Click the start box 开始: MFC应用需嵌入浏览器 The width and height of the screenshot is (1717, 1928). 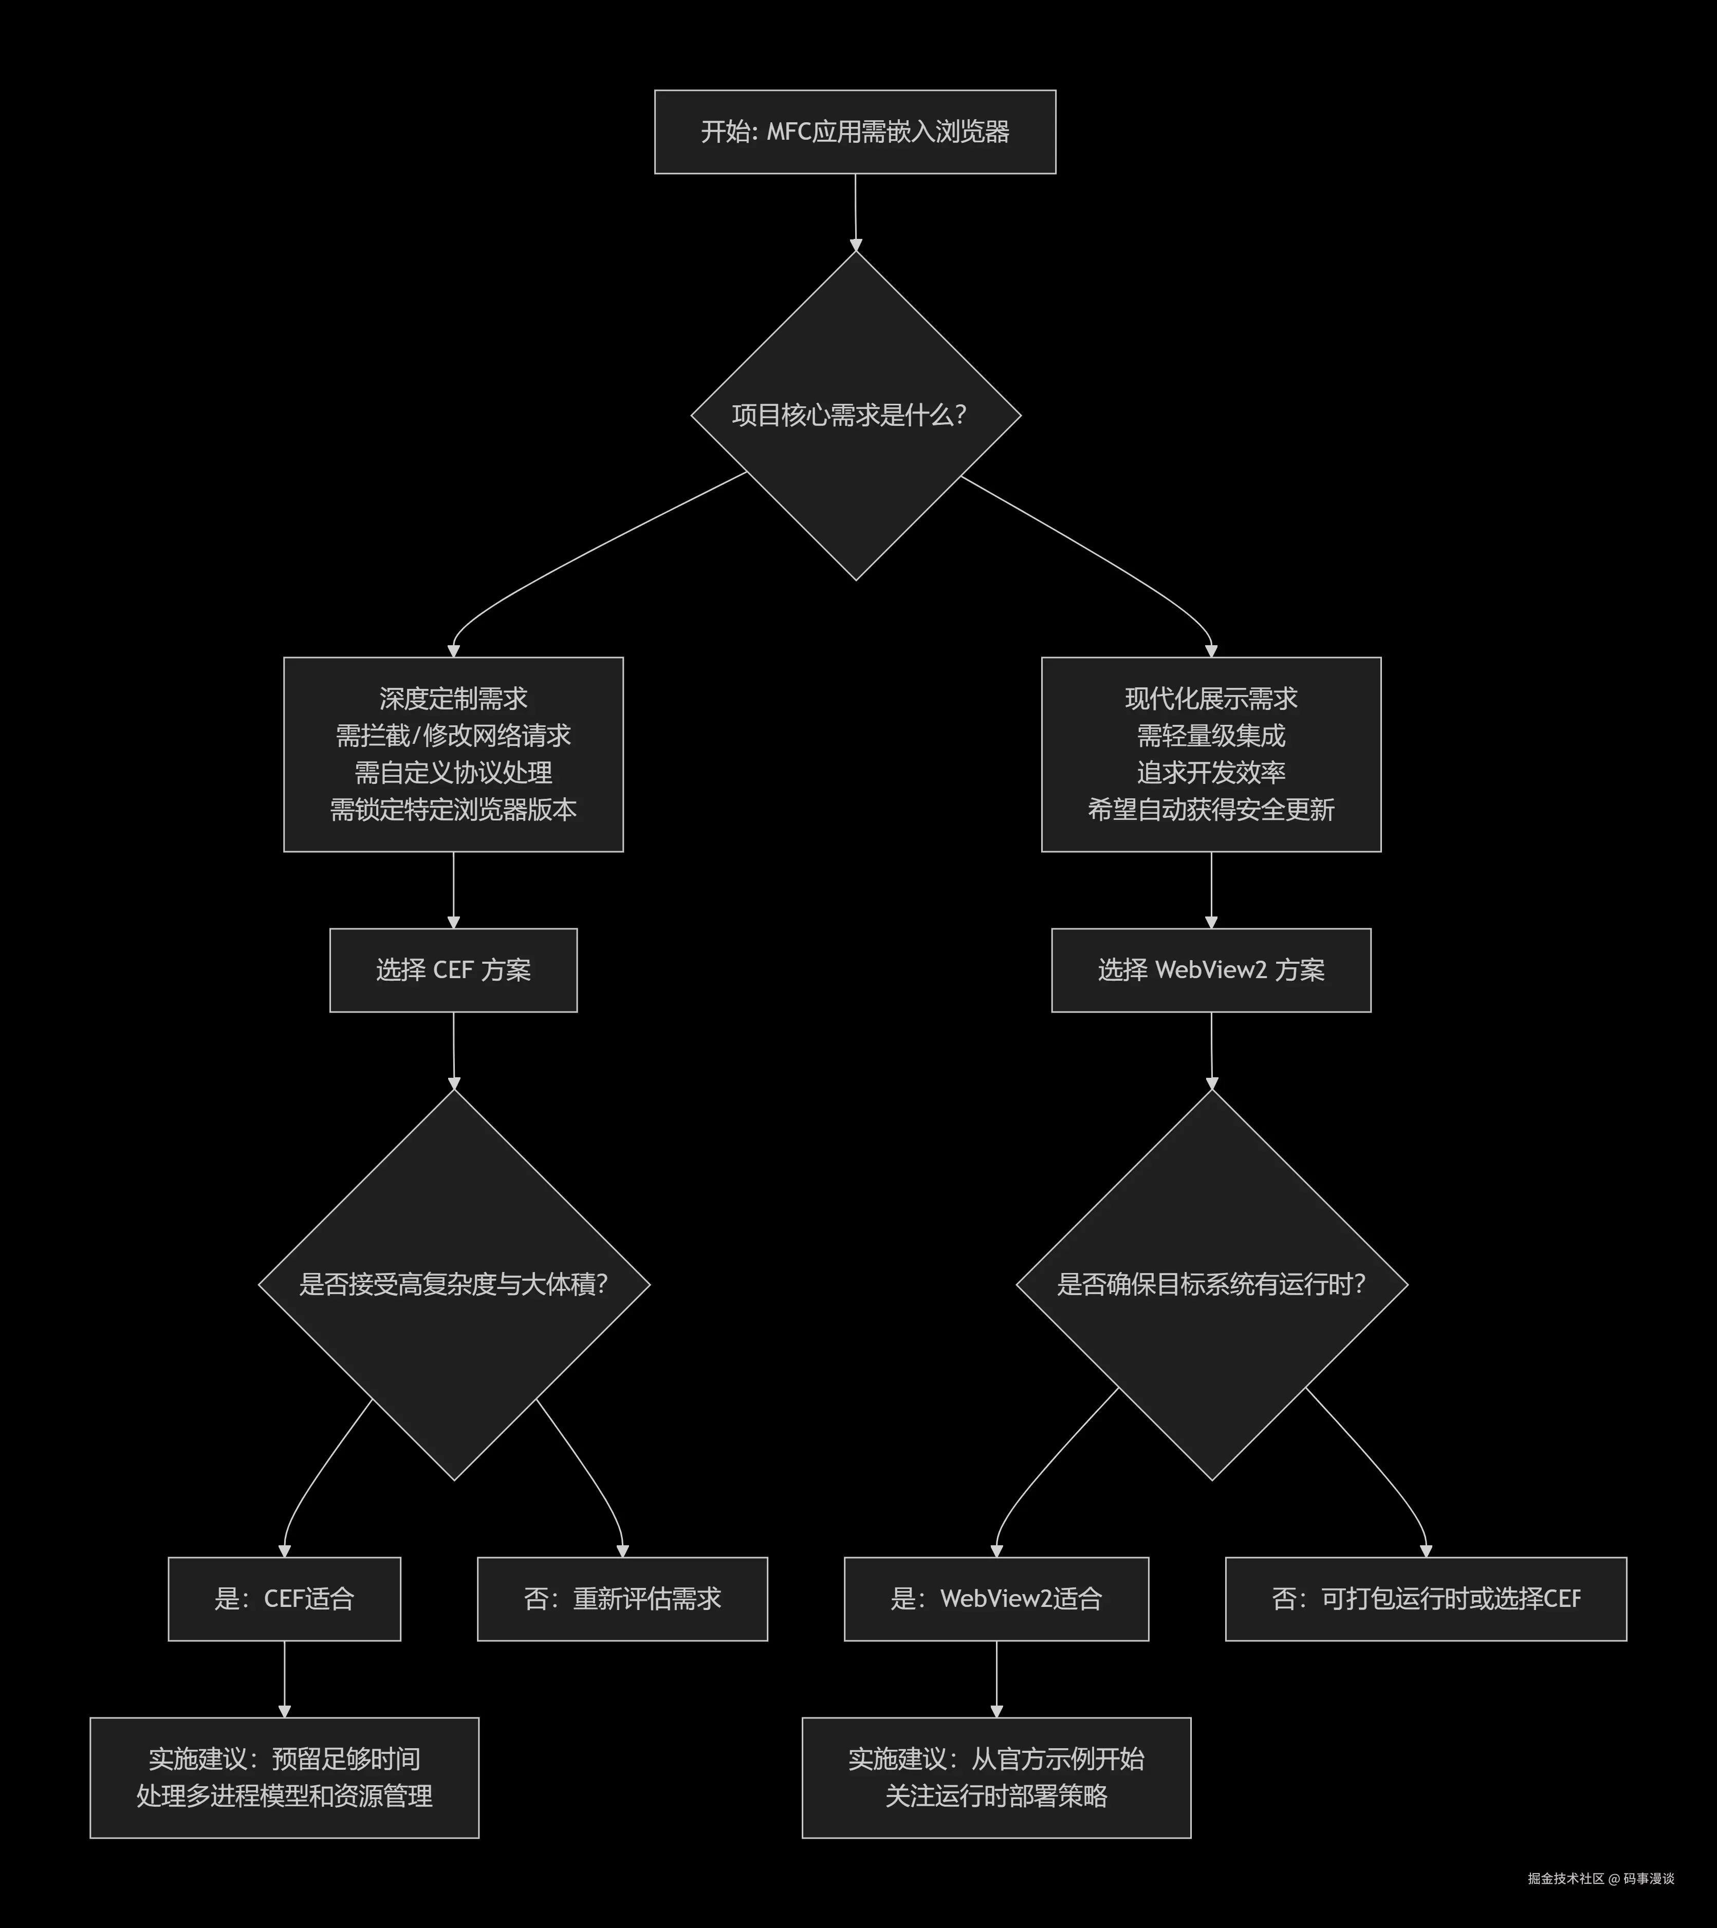[855, 132]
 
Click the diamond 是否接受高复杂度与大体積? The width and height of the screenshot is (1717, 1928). [454, 1285]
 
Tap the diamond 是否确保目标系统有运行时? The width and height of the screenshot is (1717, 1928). [1211, 1285]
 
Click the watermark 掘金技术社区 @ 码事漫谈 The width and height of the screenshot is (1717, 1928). [1601, 1878]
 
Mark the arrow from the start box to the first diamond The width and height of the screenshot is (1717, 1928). [856, 212]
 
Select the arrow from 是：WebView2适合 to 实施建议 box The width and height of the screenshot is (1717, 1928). [996, 1679]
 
